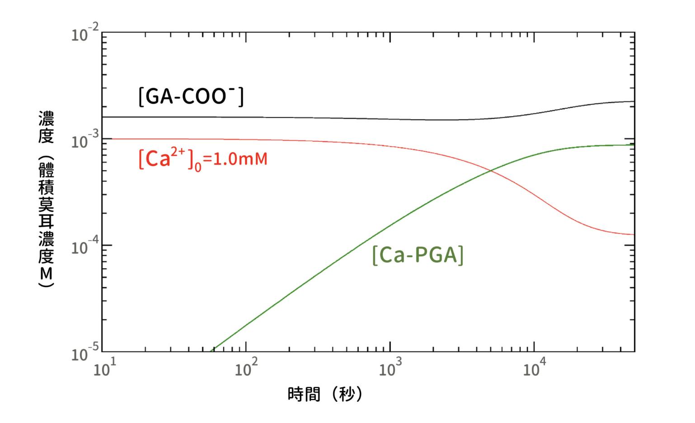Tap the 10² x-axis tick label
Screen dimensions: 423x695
coord(246,369)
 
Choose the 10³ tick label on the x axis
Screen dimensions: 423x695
coord(390,369)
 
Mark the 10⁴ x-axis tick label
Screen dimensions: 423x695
coord(534,369)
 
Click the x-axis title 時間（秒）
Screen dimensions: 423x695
coord(325,394)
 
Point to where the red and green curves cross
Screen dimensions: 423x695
coord(490,170)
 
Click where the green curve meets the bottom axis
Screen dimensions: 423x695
coord(212,351)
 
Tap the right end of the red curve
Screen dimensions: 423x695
coord(634,234)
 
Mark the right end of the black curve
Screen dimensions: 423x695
coord(634,101)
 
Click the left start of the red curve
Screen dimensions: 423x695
coord(103,139)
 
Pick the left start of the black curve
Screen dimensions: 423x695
coord(103,117)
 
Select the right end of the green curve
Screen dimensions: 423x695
coord(634,144)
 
